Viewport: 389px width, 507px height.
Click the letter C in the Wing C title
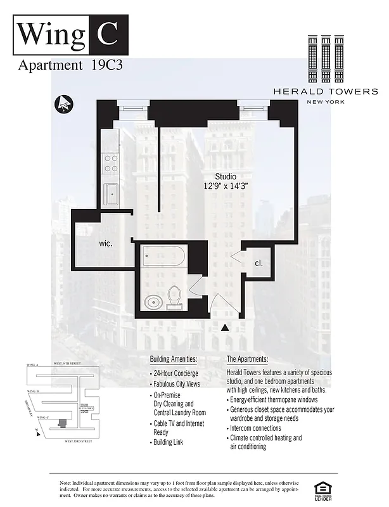pos(106,33)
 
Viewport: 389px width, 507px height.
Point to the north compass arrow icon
pos(64,103)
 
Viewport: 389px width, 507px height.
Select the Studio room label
pos(226,176)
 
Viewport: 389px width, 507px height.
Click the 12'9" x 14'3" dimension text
pos(226,186)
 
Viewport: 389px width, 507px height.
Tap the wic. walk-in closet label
pos(106,243)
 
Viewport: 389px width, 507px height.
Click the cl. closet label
pos(258,262)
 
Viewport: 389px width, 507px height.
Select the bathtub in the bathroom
pos(163,257)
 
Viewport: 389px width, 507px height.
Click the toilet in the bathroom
pos(174,296)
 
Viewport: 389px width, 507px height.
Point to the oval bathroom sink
pos(153,302)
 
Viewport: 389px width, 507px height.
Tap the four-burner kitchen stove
pos(111,164)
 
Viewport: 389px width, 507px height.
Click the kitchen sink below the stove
pos(112,193)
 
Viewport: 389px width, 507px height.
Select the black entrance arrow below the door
pos(225,328)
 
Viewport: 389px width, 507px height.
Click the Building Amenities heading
pos(174,359)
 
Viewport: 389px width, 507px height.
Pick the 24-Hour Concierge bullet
pos(175,373)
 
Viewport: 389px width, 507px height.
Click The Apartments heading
pos(252,359)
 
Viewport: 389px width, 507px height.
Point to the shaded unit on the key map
pos(61,421)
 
